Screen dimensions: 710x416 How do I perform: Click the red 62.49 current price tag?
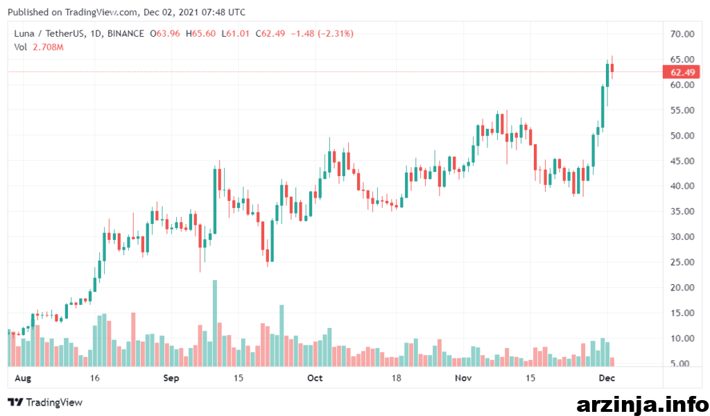(681, 72)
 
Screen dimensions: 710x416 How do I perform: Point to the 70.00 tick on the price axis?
(682, 34)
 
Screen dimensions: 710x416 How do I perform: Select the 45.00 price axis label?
(682, 161)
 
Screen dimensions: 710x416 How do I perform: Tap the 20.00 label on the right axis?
(682, 288)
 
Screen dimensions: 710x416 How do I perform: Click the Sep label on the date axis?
(171, 378)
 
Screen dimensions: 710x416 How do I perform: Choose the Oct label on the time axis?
(315, 378)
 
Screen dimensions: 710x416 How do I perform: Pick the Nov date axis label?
(463, 378)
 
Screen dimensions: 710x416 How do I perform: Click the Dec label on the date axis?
(607, 378)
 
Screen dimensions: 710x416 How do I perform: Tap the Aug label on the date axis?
(23, 378)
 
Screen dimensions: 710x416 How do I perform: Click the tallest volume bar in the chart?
(215, 323)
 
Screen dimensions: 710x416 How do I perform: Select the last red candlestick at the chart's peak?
(612, 68)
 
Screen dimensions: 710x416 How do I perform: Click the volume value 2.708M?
(48, 47)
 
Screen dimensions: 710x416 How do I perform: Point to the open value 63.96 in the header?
(168, 33)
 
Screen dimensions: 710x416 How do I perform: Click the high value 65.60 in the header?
(204, 33)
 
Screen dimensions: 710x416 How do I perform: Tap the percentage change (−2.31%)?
(336, 33)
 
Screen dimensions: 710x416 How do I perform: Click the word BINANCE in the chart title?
(125, 33)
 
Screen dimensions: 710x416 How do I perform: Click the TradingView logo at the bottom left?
(45, 402)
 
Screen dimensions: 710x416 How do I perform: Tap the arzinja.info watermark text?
(643, 405)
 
